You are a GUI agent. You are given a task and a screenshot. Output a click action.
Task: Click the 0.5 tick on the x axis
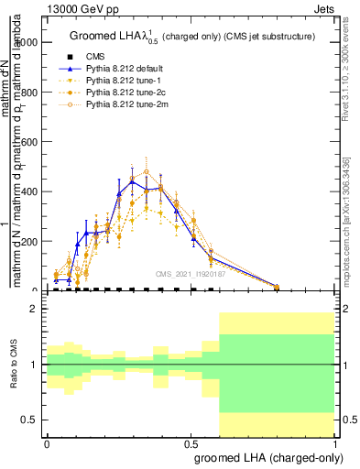click(x=191, y=442)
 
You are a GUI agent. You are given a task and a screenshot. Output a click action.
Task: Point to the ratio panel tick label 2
click(x=35, y=309)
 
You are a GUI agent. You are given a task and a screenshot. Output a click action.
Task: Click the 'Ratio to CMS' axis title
click(x=14, y=365)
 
